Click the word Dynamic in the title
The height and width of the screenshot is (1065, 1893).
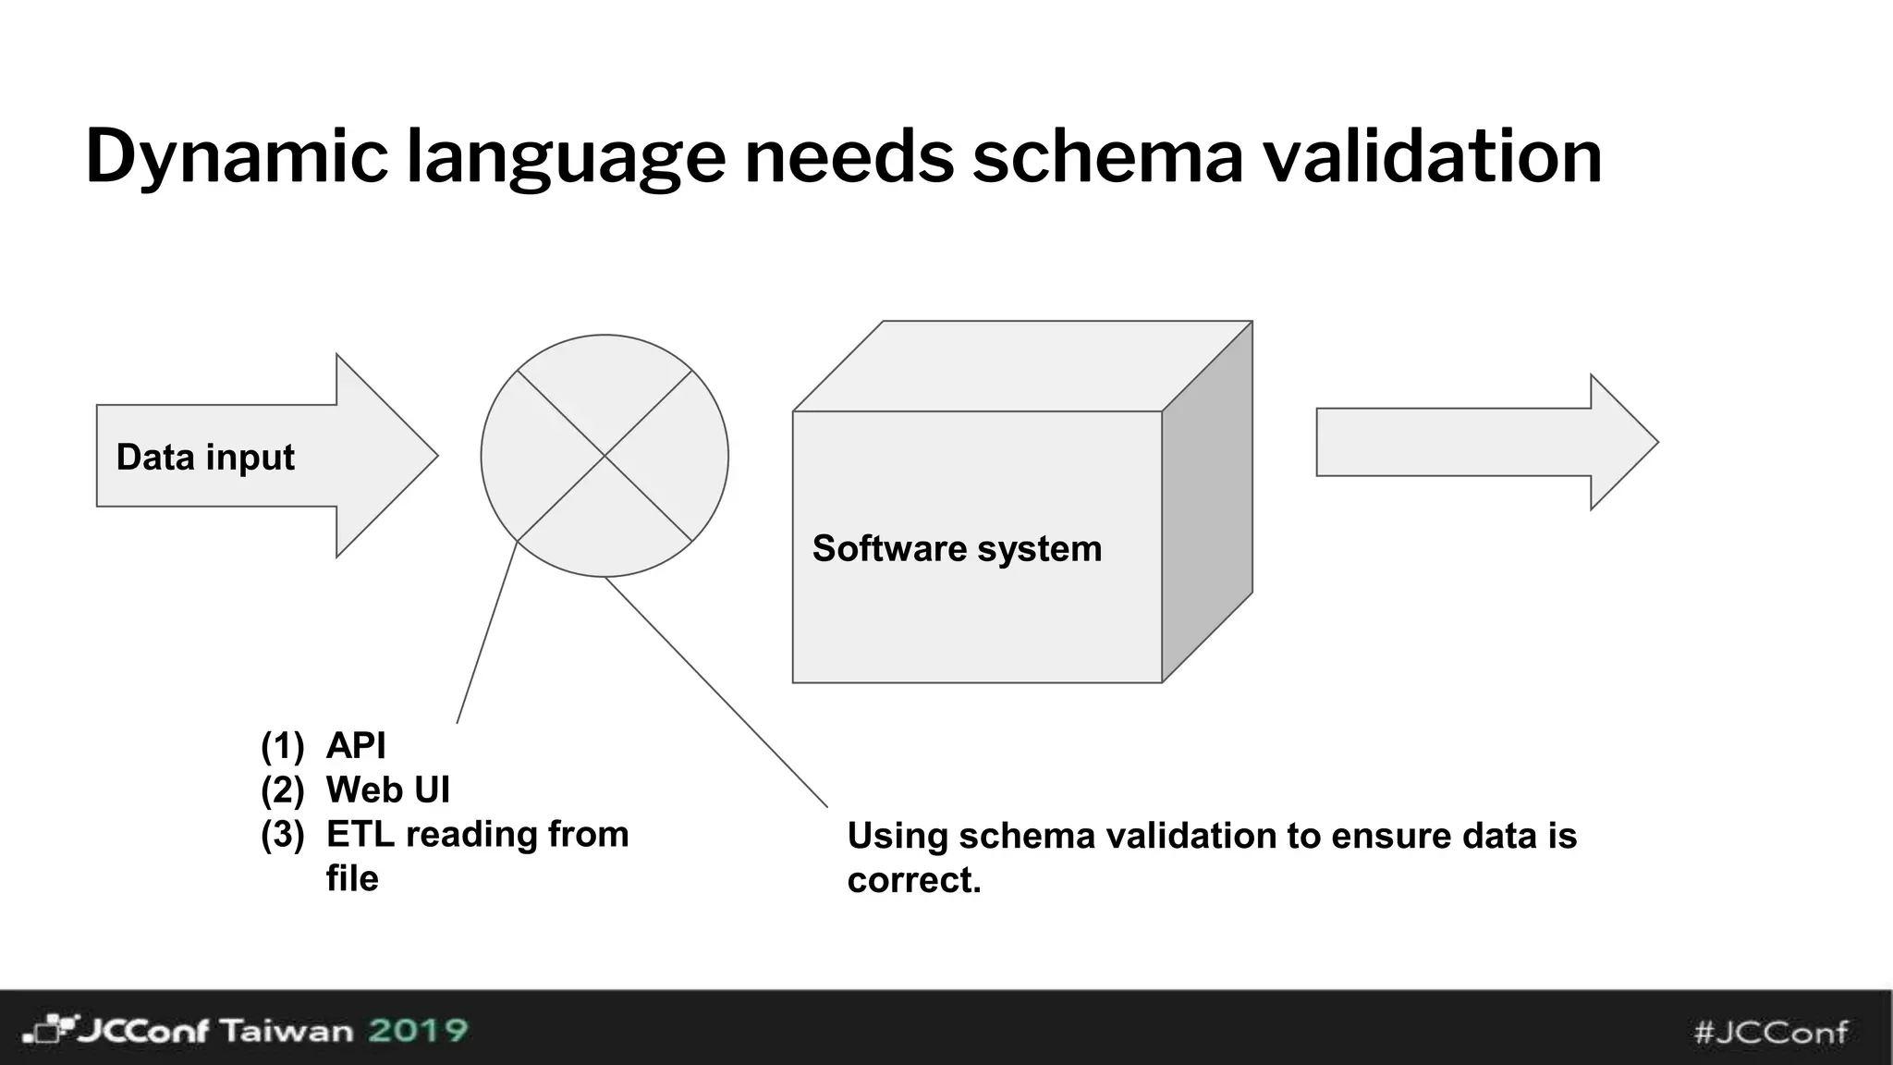(x=236, y=157)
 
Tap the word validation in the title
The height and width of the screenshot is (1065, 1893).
(x=1432, y=157)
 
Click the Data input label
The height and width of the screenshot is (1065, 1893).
(x=205, y=458)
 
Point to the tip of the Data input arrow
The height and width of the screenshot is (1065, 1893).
(x=435, y=455)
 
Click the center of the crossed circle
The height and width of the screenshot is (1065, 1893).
(x=605, y=456)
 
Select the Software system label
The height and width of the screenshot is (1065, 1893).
(x=957, y=549)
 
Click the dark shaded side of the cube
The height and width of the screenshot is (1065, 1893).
(x=1207, y=504)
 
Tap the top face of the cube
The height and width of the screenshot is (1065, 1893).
(x=1021, y=366)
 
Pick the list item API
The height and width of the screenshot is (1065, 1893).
(x=356, y=746)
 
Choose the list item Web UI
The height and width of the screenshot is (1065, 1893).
(x=388, y=790)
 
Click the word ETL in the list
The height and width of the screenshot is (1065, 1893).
(x=360, y=835)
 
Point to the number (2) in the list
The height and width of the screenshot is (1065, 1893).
(x=282, y=790)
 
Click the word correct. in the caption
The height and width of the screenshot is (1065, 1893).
(x=913, y=880)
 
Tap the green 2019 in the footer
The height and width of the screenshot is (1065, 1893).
(x=418, y=1030)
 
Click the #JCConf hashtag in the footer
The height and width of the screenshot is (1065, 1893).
(x=1771, y=1032)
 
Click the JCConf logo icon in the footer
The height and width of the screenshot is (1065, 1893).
(x=46, y=1030)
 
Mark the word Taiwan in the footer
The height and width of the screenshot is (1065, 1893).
(x=287, y=1031)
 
